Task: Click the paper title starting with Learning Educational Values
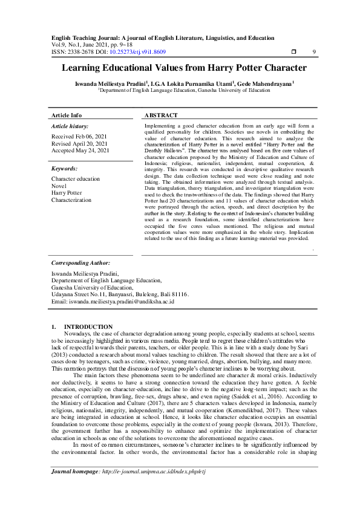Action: [179, 69]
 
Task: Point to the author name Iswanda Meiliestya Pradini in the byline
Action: [100, 83]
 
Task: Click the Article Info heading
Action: [67, 115]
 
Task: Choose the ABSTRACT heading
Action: [162, 115]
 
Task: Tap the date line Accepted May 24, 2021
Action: [80, 151]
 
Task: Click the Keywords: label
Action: [65, 169]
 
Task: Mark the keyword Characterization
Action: [71, 199]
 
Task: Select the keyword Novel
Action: [59, 186]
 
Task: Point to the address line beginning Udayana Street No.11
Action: [120, 294]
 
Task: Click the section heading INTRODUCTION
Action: [88, 326]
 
